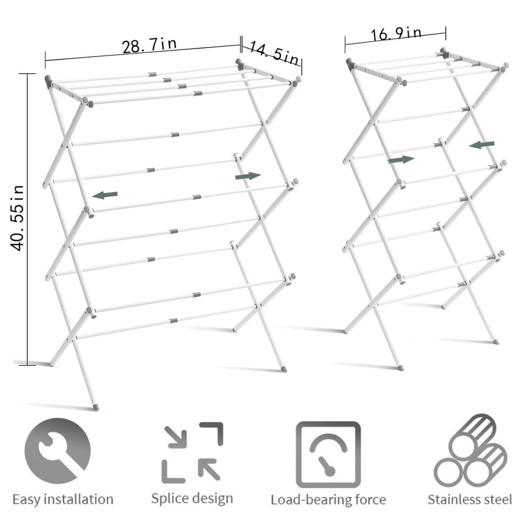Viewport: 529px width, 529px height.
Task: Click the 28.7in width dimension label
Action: pyautogui.click(x=149, y=46)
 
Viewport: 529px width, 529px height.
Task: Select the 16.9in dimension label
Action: pyautogui.click(x=396, y=34)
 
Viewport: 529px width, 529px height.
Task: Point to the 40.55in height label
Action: pyautogui.click(x=17, y=218)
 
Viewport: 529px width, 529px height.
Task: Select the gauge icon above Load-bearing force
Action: pyautogui.click(x=328, y=455)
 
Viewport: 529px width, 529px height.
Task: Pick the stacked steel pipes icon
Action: pyautogui.click(x=470, y=454)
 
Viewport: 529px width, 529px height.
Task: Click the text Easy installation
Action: pyautogui.click(x=63, y=499)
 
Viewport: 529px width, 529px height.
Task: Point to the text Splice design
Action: pyautogui.click(x=192, y=499)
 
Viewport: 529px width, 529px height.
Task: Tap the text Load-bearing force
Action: pyautogui.click(x=328, y=500)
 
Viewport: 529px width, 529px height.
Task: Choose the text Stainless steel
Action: pyautogui.click(x=470, y=500)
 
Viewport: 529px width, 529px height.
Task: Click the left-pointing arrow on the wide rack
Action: pyautogui.click(x=105, y=195)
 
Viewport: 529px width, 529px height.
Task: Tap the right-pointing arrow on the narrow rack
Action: pyautogui.click(x=401, y=159)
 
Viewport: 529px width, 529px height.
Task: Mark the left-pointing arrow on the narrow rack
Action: pyautogui.click(x=482, y=145)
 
